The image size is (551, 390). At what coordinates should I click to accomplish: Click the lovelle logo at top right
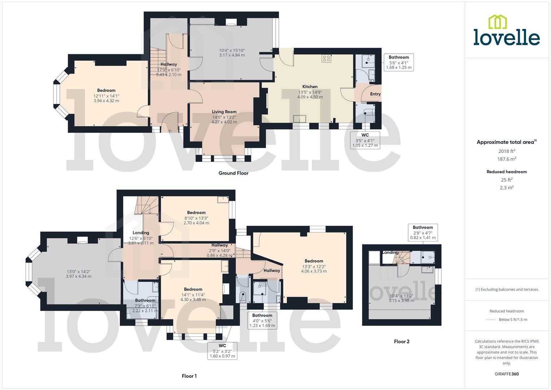pyautogui.click(x=507, y=30)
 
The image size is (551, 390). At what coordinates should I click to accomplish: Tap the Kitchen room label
pyautogui.click(x=310, y=87)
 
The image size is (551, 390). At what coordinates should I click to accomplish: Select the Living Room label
pyautogui.click(x=224, y=112)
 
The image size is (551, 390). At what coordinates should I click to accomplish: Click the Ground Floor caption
pyautogui.click(x=233, y=173)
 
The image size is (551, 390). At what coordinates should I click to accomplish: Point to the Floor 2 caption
pyautogui.click(x=402, y=341)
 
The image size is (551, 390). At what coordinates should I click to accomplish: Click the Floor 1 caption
pyautogui.click(x=189, y=376)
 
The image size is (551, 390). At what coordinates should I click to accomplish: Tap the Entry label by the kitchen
pyautogui.click(x=375, y=94)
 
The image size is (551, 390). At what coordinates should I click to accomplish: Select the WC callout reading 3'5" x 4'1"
pyautogui.click(x=365, y=140)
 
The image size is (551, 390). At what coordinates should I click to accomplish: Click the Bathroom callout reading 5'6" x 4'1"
pyautogui.click(x=398, y=62)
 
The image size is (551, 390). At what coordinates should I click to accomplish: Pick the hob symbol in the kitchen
pyautogui.click(x=327, y=58)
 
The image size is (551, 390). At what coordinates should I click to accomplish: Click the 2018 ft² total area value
pyautogui.click(x=507, y=151)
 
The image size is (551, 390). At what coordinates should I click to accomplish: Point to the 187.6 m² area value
pyautogui.click(x=507, y=159)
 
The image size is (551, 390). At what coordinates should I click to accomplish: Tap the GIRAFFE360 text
pyautogui.click(x=507, y=374)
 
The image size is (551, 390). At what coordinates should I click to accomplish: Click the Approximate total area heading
pyautogui.click(x=507, y=142)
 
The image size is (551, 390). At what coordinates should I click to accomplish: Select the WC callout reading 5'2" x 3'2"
pyautogui.click(x=222, y=351)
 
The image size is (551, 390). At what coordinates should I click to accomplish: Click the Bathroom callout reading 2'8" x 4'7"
pyautogui.click(x=423, y=233)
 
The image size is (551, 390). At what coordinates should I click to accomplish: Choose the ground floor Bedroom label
pyautogui.click(x=106, y=91)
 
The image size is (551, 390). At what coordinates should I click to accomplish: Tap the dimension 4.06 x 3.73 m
pyautogui.click(x=314, y=271)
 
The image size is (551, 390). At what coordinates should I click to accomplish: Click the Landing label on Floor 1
pyautogui.click(x=141, y=233)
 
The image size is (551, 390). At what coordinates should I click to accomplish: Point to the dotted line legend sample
pyautogui.click(x=491, y=320)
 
